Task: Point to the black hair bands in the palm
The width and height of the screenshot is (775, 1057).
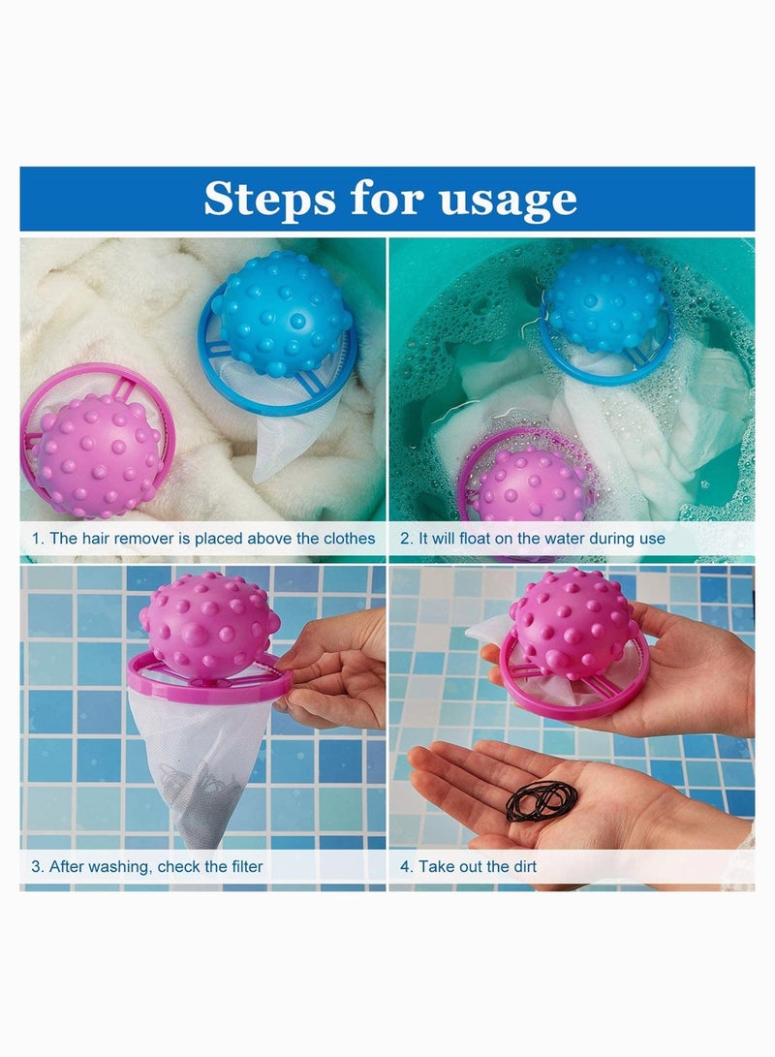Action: coord(542,801)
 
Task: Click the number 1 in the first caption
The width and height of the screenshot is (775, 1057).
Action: coord(36,538)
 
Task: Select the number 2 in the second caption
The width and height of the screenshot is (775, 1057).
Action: coord(406,538)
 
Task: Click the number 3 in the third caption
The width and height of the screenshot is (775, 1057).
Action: coord(36,866)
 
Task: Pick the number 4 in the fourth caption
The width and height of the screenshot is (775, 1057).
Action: coord(406,866)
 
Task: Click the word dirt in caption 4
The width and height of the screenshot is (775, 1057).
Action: coord(516,866)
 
